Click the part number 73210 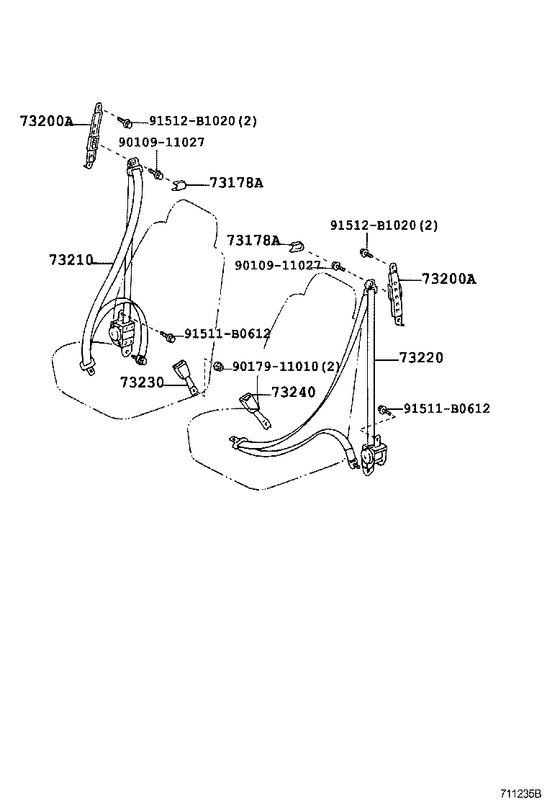(71, 259)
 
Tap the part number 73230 (142, 382)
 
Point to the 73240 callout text (293, 393)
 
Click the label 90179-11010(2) (285, 367)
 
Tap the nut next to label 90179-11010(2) (220, 367)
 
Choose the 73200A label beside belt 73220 (448, 279)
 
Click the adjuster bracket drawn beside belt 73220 (397, 295)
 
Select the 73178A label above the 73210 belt (236, 183)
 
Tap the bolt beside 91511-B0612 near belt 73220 (383, 410)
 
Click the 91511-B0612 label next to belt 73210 (227, 334)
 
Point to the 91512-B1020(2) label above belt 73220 (384, 225)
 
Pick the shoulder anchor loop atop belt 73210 (132, 167)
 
